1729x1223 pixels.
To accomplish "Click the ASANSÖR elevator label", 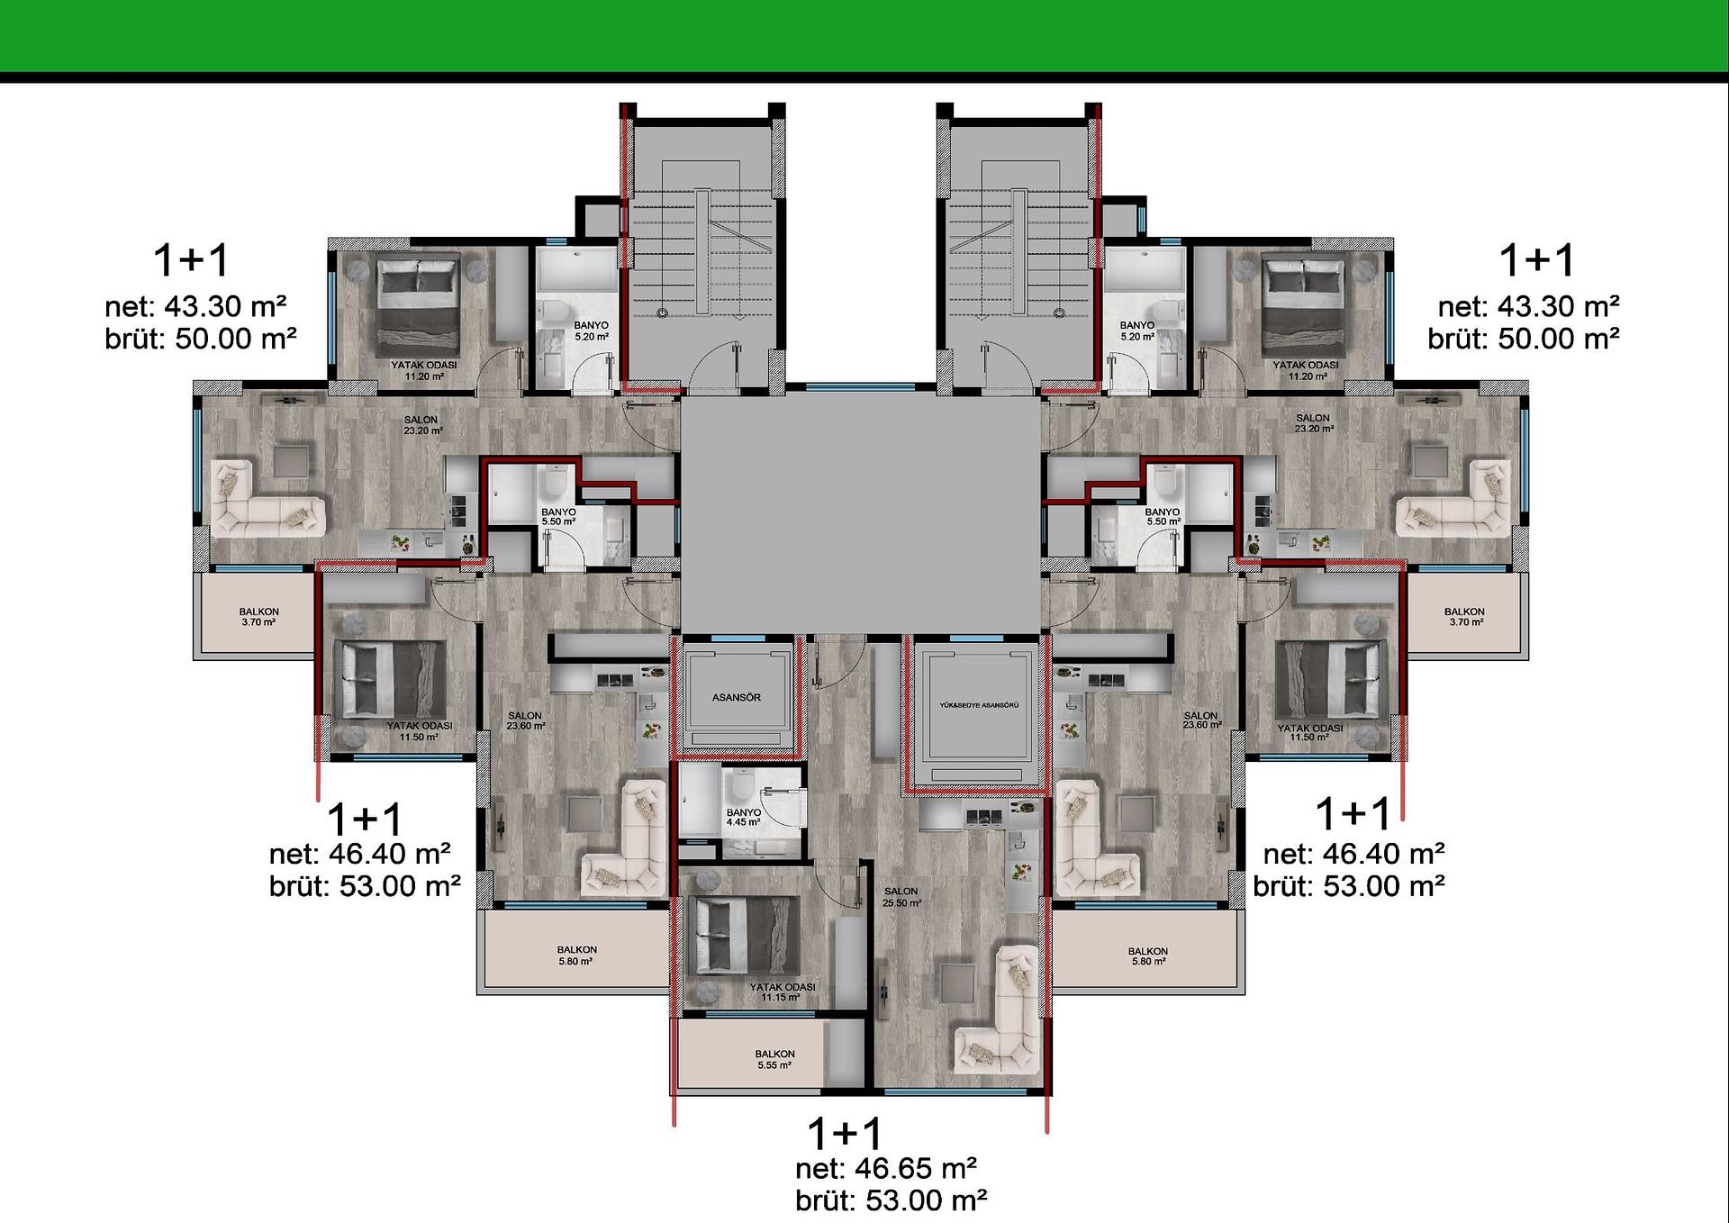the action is pos(737,697).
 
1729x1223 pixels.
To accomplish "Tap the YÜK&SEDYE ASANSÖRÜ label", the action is pos(979,705).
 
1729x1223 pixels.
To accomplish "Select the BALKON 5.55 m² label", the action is pos(774,1059).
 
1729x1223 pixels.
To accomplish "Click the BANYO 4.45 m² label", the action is pos(744,817).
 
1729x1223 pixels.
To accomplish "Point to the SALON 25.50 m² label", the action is pos(901,897).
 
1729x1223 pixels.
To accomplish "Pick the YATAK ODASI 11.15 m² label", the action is pos(782,992).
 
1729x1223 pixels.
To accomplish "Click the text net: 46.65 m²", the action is pos(886,1168).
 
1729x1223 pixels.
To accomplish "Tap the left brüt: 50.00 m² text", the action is pos(201,339).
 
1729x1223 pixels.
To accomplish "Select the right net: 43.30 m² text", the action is pos(1528,306).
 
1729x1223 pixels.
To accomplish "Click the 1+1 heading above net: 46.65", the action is pos(845,1133).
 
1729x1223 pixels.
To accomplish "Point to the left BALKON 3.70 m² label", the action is pos(258,617).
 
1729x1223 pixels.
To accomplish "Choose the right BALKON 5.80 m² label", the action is pos(1148,956).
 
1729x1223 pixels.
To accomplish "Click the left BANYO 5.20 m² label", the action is pos(591,331).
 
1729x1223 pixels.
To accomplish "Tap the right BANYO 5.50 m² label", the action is pos(1163,516).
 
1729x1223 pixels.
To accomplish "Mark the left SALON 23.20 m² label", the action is pos(421,425).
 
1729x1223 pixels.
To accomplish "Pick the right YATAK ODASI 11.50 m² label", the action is pos(1309,732).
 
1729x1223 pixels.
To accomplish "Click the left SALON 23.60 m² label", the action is pos(525,720).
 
